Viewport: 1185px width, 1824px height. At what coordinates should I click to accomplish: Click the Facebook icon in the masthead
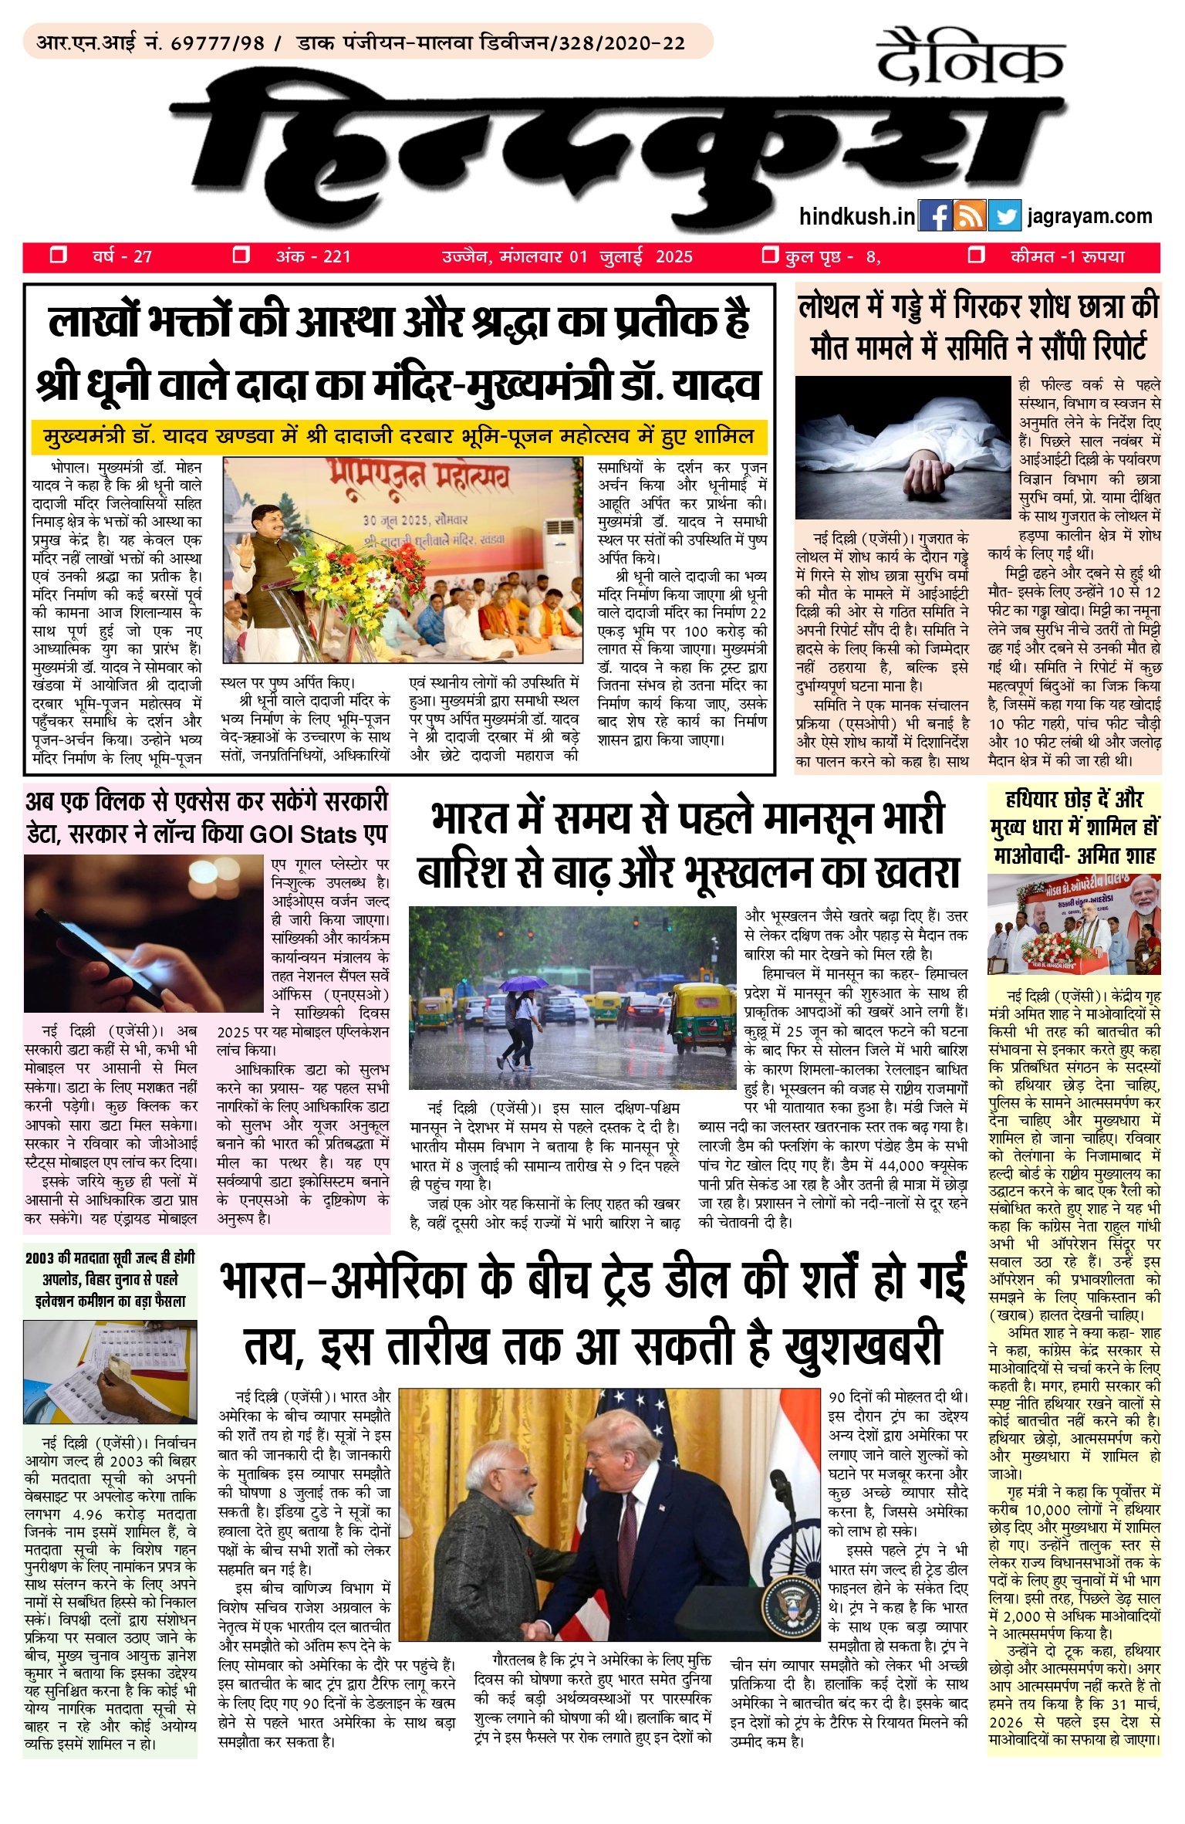click(x=936, y=217)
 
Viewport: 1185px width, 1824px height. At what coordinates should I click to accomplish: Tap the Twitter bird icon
click(x=1004, y=217)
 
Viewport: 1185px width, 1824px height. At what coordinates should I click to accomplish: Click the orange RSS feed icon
click(x=970, y=217)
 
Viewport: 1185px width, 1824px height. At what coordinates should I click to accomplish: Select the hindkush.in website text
click(x=856, y=217)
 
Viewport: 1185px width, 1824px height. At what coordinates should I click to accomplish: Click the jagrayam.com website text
click(x=1089, y=216)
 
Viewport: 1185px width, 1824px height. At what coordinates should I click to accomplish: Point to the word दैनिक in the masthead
click(x=970, y=59)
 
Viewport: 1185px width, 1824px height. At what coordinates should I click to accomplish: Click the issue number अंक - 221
click(x=312, y=257)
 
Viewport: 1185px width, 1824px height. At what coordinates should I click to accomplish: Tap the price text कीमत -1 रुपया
click(x=1067, y=257)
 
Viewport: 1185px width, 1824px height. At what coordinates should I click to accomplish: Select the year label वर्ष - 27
click(x=121, y=257)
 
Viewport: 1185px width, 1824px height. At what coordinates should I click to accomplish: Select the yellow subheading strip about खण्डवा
click(x=399, y=437)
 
